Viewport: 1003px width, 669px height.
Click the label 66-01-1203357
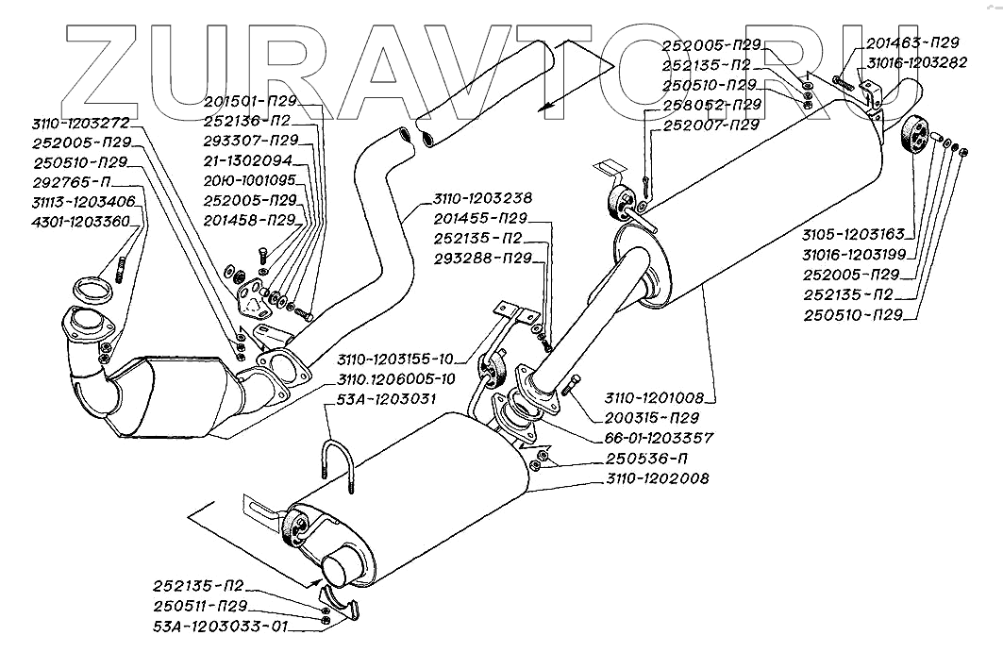pyautogui.click(x=654, y=439)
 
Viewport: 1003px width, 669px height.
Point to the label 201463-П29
pyautogui.click(x=911, y=43)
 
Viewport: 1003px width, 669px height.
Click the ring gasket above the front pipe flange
pyautogui.click(x=91, y=287)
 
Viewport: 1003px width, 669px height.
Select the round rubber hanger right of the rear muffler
pyautogui.click(x=915, y=138)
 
